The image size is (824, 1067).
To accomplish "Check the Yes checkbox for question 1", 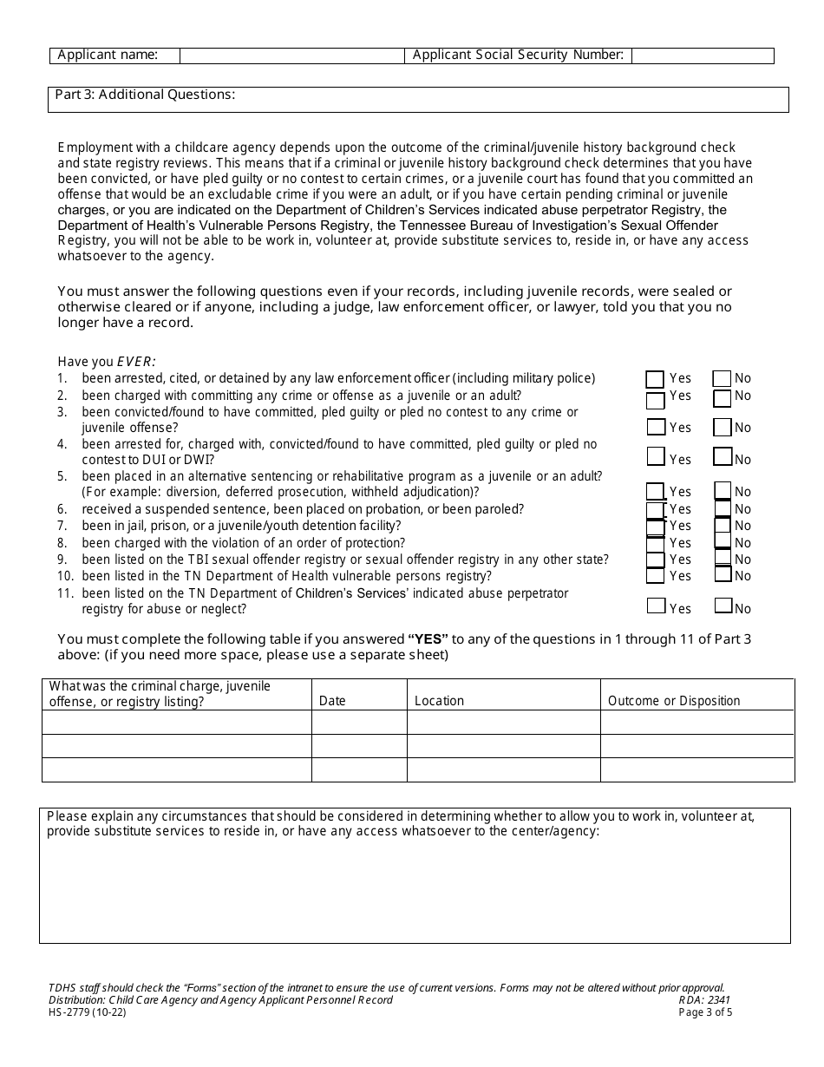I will pos(655,379).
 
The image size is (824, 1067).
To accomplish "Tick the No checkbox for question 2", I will pos(722,398).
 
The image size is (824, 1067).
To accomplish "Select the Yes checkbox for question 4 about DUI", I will pos(656,456).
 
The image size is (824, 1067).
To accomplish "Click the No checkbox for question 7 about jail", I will pos(723,526).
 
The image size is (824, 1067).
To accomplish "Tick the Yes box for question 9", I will pos(656,560).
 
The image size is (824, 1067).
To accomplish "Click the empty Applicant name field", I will pos(291,56).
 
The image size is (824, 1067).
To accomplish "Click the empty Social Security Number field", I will pos(703,56).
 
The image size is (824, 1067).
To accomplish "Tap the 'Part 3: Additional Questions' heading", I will pos(145,95).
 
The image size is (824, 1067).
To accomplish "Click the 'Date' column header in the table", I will pos(332,701).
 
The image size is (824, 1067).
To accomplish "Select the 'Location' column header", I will pos(439,701).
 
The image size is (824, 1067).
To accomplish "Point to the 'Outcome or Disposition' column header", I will pos(674,701).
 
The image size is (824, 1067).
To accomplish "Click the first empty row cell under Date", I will pos(359,723).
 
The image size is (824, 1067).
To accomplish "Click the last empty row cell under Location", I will pos(503,769).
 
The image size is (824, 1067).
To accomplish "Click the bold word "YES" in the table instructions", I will pos(428,639).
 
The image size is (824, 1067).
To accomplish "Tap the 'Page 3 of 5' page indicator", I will pos(705,1011).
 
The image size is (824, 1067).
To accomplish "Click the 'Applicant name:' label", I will pos(108,56).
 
